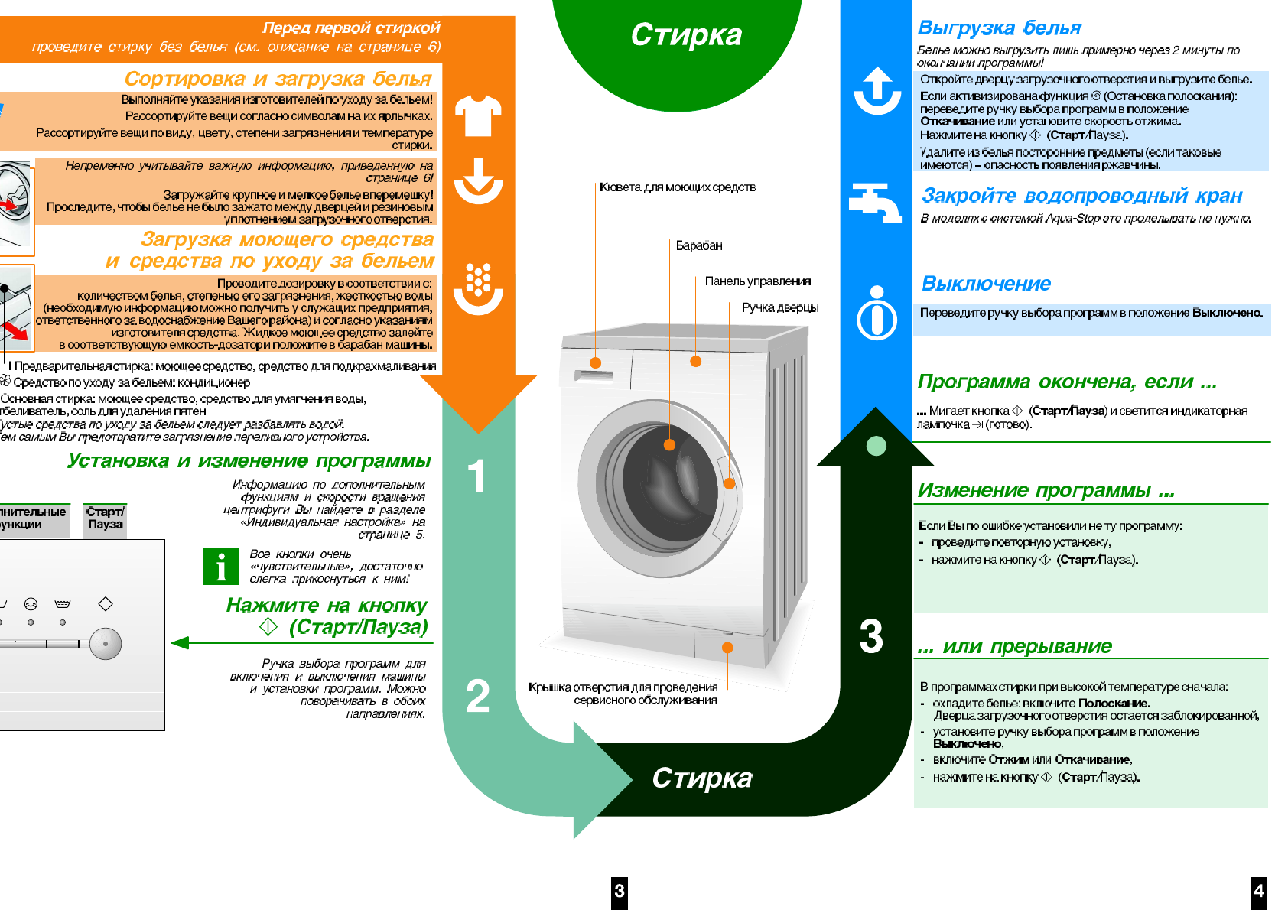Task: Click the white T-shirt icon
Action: [x=478, y=115]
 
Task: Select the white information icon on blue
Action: [x=877, y=313]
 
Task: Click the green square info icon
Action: [x=220, y=567]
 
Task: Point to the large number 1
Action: [x=476, y=476]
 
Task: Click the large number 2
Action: [x=477, y=696]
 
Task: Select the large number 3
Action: [x=871, y=636]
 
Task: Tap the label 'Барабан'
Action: [x=698, y=245]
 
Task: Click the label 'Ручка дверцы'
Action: [x=779, y=307]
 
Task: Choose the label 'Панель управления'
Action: [x=757, y=281]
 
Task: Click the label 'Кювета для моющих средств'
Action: [x=678, y=187]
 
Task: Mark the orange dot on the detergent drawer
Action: [x=596, y=362]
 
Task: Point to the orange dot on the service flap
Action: [x=727, y=648]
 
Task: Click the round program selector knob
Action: [x=106, y=644]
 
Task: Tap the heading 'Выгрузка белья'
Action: [x=999, y=28]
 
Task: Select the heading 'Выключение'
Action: [x=986, y=284]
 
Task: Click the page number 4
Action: [x=1258, y=891]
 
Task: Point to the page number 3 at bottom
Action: [x=619, y=891]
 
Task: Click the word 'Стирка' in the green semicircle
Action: [x=686, y=35]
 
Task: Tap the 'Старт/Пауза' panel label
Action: [x=105, y=518]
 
